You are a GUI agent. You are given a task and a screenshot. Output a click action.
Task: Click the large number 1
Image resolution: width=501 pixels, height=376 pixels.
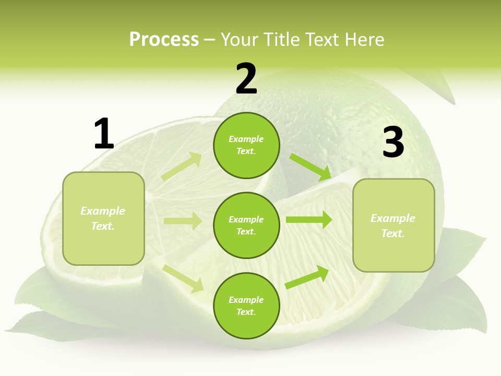[x=104, y=134]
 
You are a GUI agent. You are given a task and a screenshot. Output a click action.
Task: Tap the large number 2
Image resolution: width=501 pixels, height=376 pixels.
[x=246, y=79]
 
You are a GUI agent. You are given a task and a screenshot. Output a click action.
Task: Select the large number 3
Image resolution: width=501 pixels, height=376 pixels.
[x=393, y=143]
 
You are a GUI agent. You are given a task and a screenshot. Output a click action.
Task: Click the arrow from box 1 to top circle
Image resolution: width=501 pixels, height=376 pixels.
[x=182, y=167]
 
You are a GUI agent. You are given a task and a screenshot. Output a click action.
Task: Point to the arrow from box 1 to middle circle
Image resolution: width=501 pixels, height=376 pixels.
[x=183, y=221]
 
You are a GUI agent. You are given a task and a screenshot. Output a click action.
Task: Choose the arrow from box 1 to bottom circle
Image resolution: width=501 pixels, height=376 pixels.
[x=183, y=278]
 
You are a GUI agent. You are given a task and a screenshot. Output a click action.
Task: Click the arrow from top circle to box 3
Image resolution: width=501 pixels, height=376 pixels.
[x=311, y=167]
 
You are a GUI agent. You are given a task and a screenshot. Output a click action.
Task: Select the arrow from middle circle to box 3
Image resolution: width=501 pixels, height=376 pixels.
[x=309, y=219]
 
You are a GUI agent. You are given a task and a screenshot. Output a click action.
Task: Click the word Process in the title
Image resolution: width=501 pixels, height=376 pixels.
[x=164, y=39]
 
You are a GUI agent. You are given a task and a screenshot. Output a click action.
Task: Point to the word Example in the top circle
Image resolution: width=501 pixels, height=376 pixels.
[x=246, y=139]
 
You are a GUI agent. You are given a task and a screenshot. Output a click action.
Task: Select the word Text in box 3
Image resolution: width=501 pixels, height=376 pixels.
[x=393, y=233]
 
